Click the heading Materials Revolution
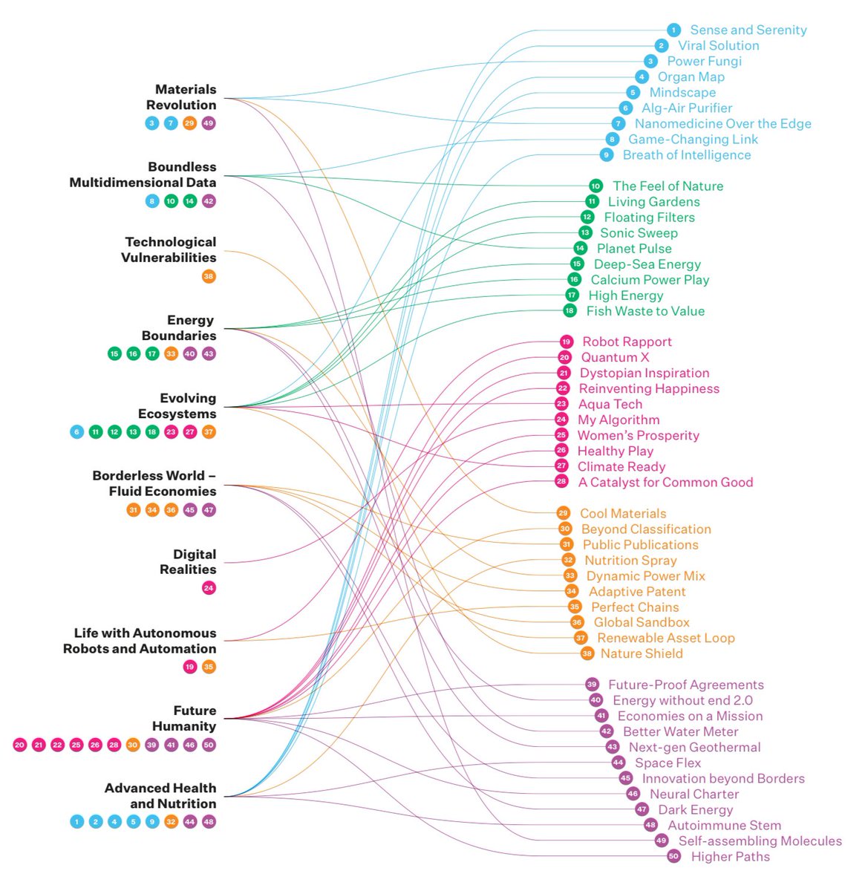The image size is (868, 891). tap(181, 97)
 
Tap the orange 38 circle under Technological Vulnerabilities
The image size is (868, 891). tap(209, 276)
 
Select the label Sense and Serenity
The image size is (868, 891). tap(748, 30)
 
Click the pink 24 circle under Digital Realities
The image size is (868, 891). tap(209, 588)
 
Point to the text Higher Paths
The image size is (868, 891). tap(730, 856)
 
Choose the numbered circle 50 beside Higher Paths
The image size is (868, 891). tap(673, 856)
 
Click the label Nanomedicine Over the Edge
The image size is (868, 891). tap(722, 123)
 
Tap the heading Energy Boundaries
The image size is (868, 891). tap(178, 328)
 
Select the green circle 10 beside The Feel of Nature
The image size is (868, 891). tap(595, 186)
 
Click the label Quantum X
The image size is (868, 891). tap(615, 357)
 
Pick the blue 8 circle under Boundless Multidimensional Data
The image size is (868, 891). tap(152, 201)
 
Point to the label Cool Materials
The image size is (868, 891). tap(623, 513)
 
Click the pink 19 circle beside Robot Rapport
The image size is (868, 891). tap(567, 342)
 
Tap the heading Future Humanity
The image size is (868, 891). tap(184, 718)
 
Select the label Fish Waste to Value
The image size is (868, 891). tap(645, 311)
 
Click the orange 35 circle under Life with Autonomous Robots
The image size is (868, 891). tap(209, 667)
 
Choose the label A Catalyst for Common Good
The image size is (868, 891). tap(665, 482)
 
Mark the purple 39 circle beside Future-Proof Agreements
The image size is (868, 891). tap(592, 685)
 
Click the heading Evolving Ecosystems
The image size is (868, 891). tap(177, 405)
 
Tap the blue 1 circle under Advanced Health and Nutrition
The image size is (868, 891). tap(77, 821)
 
